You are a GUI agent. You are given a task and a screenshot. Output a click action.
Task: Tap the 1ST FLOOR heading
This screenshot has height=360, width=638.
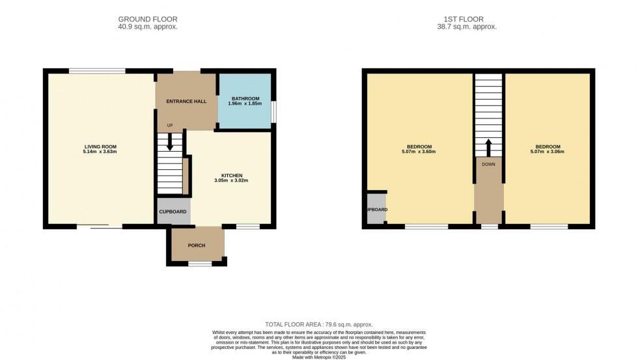[467, 19]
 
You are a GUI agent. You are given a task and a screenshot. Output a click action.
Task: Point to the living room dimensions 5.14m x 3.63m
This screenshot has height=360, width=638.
[100, 152]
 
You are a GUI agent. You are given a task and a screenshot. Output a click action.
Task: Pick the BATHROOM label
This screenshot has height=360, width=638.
[245, 98]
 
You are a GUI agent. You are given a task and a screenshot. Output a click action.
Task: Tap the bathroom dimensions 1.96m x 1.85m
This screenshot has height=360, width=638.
[245, 104]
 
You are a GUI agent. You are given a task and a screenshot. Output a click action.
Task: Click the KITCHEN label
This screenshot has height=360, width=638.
[232, 175]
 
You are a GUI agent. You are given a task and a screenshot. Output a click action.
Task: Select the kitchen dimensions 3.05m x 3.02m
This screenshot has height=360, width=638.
[232, 181]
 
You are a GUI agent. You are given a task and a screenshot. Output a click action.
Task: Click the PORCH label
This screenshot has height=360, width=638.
[197, 245]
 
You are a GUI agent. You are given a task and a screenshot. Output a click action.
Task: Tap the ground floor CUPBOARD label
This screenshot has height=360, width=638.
[173, 212]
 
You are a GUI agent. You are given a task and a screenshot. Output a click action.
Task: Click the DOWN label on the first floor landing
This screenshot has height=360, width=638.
[488, 164]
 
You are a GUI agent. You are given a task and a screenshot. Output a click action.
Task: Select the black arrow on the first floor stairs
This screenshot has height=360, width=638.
[488, 146]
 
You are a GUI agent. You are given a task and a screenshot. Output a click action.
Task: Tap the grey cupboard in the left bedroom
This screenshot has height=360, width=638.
[376, 209]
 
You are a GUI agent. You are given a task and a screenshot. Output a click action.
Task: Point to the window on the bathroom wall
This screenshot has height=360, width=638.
[273, 111]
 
